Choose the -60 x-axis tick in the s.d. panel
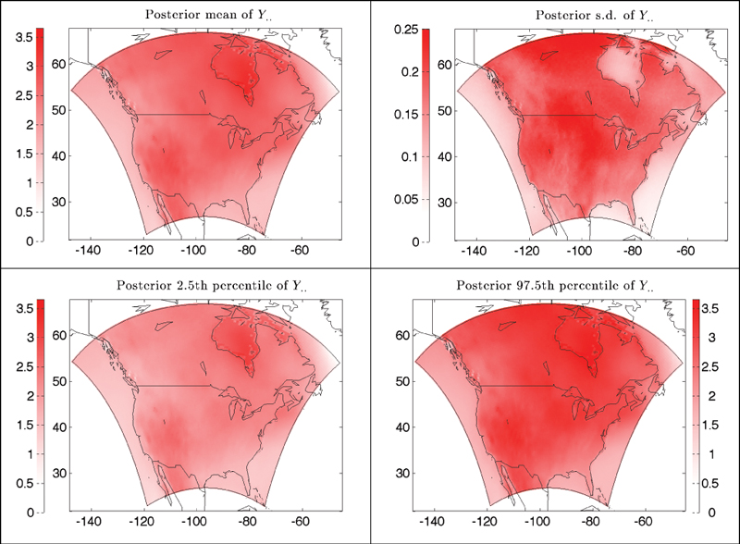point(685,250)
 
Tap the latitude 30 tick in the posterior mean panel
point(59,203)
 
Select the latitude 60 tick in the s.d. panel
point(443,65)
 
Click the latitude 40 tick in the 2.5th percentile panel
point(59,427)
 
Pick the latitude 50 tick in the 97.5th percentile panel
point(402,380)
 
